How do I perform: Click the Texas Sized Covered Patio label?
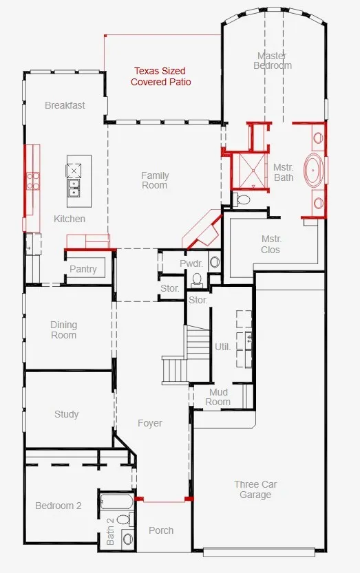pyautogui.click(x=160, y=76)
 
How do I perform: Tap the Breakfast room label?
pyautogui.click(x=65, y=105)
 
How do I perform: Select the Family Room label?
pyautogui.click(x=155, y=180)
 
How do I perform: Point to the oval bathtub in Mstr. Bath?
pyautogui.click(x=315, y=171)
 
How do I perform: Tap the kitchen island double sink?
pyautogui.click(x=74, y=187)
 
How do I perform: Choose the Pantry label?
pyautogui.click(x=83, y=269)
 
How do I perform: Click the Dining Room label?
pyautogui.click(x=63, y=330)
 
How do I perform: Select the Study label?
pyautogui.click(x=66, y=414)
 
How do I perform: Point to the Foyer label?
pyautogui.click(x=150, y=423)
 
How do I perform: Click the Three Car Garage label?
pyautogui.click(x=255, y=489)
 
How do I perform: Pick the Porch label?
pyautogui.click(x=161, y=530)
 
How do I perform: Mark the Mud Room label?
pyautogui.click(x=218, y=397)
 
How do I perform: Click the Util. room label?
pyautogui.click(x=222, y=347)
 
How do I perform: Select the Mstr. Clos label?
pyautogui.click(x=271, y=244)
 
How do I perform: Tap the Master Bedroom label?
pyautogui.click(x=273, y=61)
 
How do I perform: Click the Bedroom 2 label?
pyautogui.click(x=59, y=506)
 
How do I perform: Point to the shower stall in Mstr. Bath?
pyautogui.click(x=251, y=171)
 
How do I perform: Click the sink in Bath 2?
pyautogui.click(x=127, y=538)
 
